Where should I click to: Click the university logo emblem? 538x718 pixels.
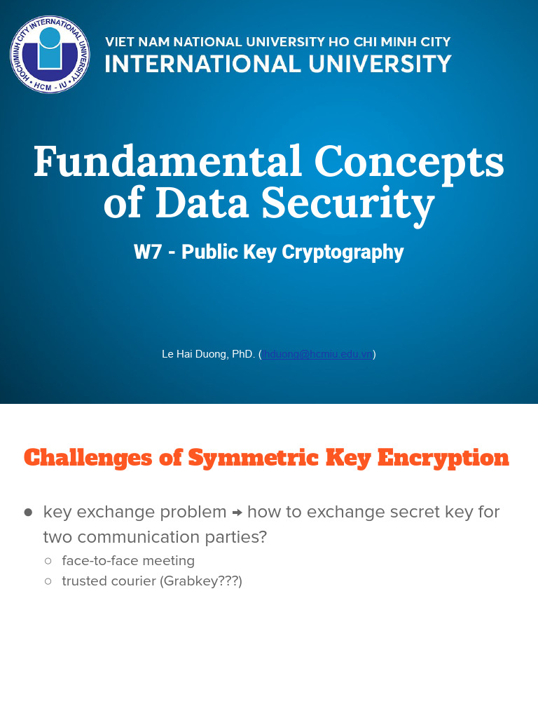click(50, 55)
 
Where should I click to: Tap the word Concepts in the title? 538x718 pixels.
click(409, 161)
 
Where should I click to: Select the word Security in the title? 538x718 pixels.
click(348, 203)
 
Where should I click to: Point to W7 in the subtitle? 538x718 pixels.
click(148, 252)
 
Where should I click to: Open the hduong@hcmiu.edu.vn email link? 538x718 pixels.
click(318, 354)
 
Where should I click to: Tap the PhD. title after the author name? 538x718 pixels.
click(243, 354)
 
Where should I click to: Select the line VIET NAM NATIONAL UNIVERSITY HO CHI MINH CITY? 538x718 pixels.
click(278, 42)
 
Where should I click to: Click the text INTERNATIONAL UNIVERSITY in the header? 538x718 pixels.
click(278, 65)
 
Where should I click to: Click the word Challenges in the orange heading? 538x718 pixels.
click(88, 458)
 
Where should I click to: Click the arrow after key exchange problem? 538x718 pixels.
click(237, 513)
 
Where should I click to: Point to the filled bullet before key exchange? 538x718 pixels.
click(28, 513)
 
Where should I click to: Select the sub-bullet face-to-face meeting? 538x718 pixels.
click(128, 561)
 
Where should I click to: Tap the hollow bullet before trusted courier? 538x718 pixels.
click(48, 581)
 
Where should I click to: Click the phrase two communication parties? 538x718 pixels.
click(155, 537)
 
